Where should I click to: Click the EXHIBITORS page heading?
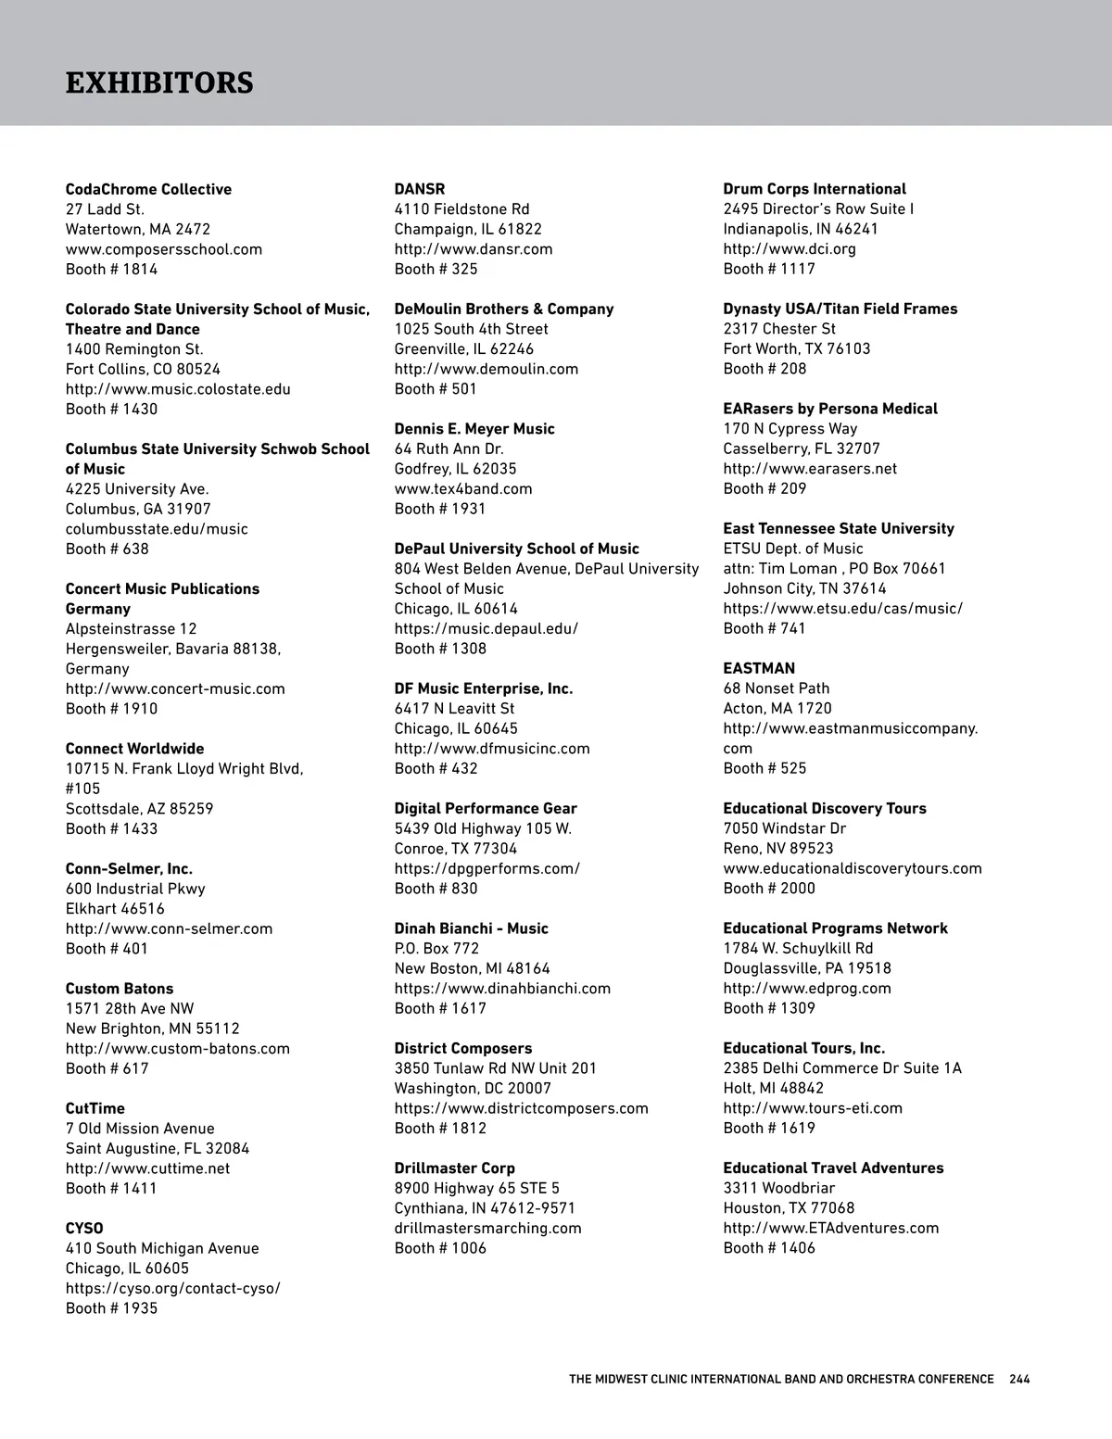click(x=159, y=83)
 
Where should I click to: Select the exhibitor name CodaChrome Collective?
click(x=148, y=189)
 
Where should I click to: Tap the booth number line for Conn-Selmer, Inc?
click(x=107, y=949)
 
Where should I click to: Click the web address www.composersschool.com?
click(x=164, y=249)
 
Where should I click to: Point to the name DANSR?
click(x=420, y=189)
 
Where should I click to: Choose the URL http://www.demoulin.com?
click(x=486, y=369)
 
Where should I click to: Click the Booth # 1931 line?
click(x=440, y=509)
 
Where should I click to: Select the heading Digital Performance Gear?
click(x=486, y=809)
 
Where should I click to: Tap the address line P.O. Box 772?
click(x=437, y=949)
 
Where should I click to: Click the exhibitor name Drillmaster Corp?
click(x=455, y=1168)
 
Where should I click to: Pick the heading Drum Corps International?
click(x=815, y=189)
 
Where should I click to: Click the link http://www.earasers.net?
click(x=810, y=469)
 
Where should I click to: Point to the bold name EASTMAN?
click(x=759, y=669)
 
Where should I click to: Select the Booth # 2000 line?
click(x=769, y=889)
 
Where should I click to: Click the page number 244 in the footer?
click(x=1019, y=1380)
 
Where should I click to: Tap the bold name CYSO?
click(x=84, y=1229)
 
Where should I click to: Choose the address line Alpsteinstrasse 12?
click(x=131, y=629)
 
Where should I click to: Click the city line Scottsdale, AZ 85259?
click(x=139, y=809)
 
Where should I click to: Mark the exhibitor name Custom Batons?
click(x=120, y=989)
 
